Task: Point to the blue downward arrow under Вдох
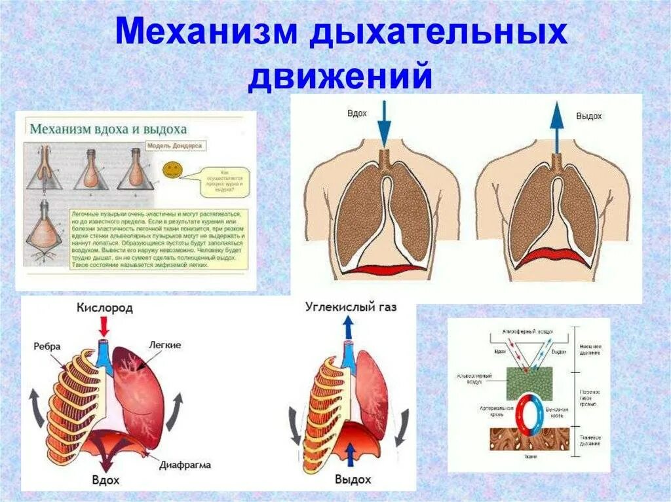(384, 124)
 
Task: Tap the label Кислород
(104, 307)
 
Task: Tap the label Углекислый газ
(351, 306)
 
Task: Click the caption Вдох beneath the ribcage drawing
(105, 480)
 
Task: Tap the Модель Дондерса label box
(174, 146)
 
